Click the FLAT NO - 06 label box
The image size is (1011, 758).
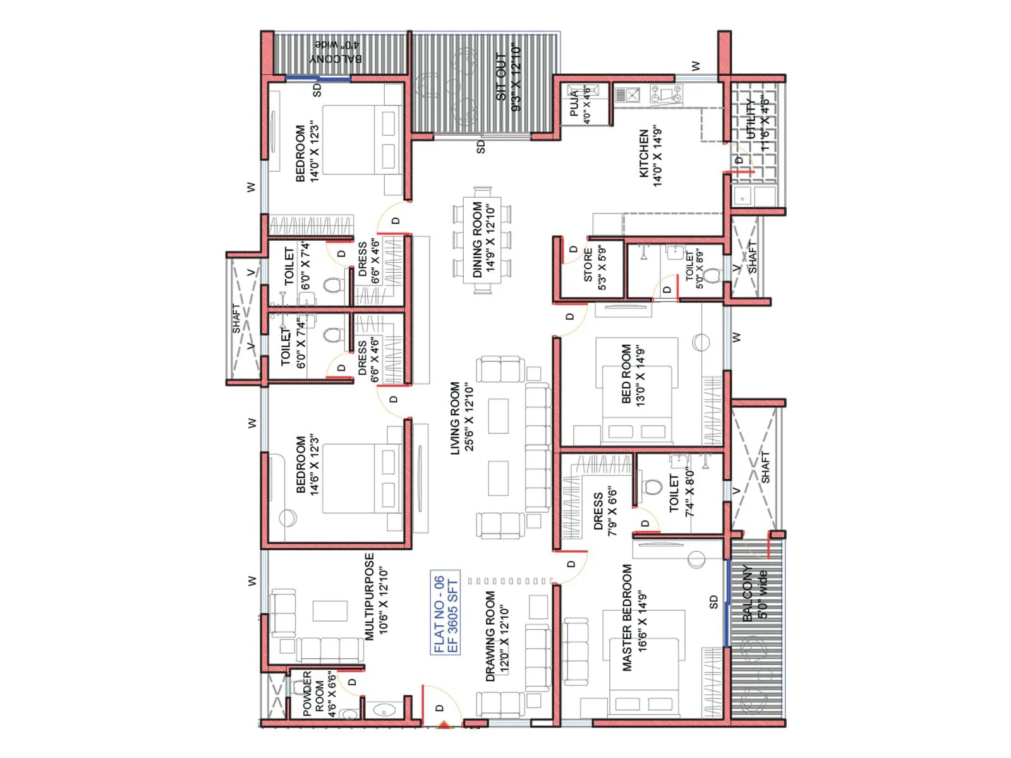445,613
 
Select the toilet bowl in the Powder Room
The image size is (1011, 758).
349,714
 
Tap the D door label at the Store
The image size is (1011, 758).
573,250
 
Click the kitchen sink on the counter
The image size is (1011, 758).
628,95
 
